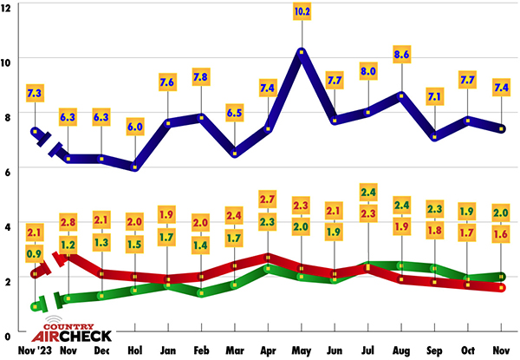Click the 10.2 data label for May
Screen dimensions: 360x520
tap(302, 12)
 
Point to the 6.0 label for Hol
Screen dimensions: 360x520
tap(135, 125)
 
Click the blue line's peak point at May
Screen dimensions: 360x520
tap(302, 53)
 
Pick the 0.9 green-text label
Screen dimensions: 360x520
tap(35, 255)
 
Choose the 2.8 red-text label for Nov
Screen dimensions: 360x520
tap(69, 222)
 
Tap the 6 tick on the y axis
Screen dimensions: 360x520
tap(6, 170)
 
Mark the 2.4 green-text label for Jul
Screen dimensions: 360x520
tap(368, 191)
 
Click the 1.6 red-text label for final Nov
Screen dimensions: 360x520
tap(501, 232)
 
